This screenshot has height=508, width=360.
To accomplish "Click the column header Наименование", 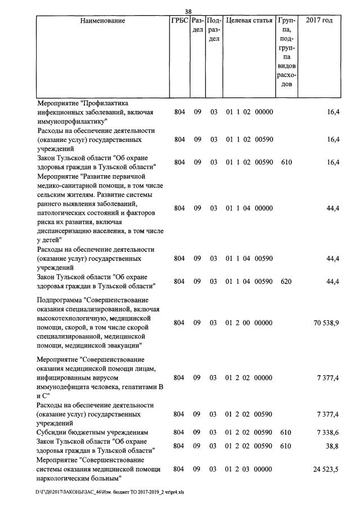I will tap(103, 21).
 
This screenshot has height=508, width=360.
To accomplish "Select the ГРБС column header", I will tap(179, 21).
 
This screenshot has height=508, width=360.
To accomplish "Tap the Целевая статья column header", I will tap(249, 21).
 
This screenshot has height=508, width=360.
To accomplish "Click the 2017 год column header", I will tap(319, 21).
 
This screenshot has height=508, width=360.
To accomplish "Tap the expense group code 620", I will tap(286, 281).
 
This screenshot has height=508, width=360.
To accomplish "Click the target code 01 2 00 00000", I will tap(249, 323).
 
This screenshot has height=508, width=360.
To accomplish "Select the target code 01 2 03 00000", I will tap(249, 469).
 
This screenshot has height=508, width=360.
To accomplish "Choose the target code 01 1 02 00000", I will tap(249, 112).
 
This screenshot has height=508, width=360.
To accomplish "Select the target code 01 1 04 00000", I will tap(249, 208).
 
